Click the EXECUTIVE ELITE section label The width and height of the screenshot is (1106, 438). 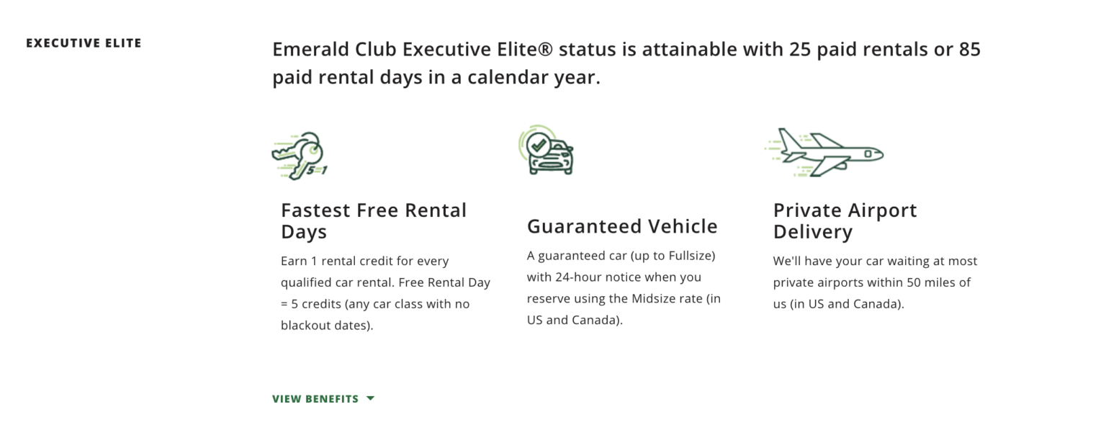[84, 43]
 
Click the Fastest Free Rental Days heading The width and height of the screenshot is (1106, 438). [374, 221]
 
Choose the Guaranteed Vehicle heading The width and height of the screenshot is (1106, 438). [622, 226]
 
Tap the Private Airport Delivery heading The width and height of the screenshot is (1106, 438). [845, 221]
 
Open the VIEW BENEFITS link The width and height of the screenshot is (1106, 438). [315, 399]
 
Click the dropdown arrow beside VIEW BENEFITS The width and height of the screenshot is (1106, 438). [370, 398]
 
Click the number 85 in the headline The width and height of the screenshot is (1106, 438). [969, 50]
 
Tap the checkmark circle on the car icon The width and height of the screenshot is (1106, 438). [537, 145]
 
